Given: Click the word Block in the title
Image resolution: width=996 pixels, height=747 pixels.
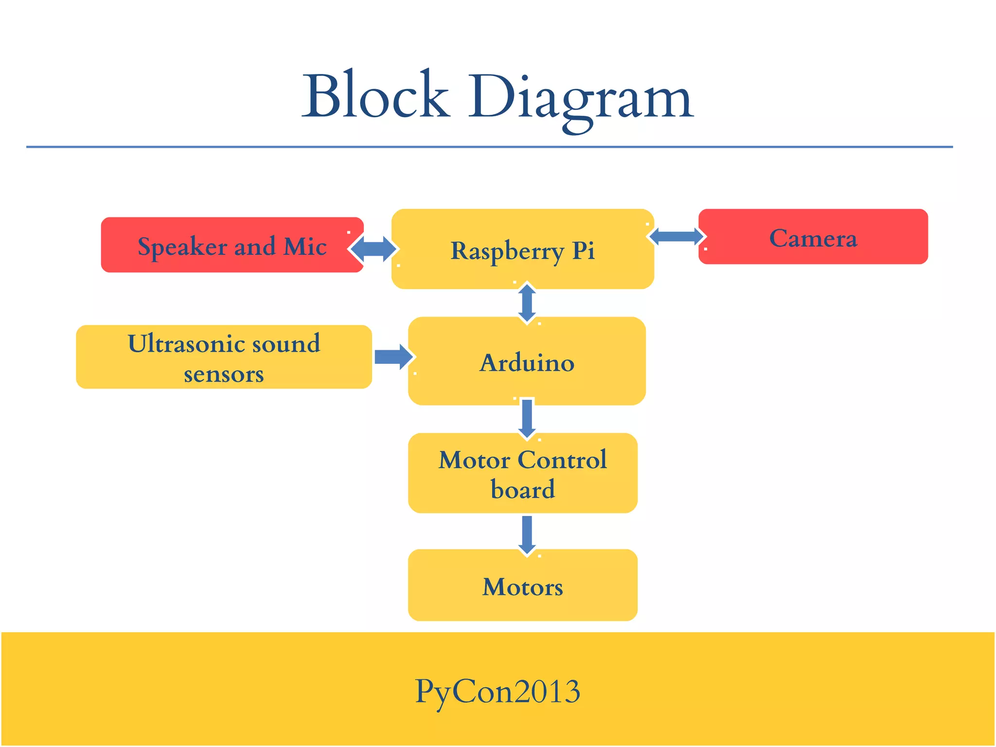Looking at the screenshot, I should (375, 96).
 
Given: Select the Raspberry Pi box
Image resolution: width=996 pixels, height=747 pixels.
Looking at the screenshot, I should (522, 249).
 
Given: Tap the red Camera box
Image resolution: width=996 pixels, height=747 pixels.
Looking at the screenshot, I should (813, 237).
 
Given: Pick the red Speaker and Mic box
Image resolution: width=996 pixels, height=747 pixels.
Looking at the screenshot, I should (231, 245).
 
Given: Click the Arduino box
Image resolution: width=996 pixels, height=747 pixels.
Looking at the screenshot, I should (527, 362).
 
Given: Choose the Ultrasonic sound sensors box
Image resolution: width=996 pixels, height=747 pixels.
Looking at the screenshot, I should (224, 357).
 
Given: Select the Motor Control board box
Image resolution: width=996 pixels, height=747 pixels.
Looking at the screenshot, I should (522, 473).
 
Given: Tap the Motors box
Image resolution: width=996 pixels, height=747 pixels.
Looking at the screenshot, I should (522, 586).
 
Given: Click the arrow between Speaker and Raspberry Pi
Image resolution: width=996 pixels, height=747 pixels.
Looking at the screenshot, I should (373, 249).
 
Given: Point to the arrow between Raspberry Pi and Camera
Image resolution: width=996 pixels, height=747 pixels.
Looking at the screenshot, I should (676, 237).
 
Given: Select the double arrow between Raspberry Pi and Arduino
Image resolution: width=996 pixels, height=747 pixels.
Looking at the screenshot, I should (527, 303).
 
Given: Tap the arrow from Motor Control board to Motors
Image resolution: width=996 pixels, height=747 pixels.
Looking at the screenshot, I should (527, 534).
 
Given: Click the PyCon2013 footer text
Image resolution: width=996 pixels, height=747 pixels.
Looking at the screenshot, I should (498, 691).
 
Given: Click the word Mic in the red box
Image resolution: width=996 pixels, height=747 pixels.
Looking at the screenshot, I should (305, 246).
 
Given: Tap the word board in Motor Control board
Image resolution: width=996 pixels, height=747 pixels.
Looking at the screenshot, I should (522, 489).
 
